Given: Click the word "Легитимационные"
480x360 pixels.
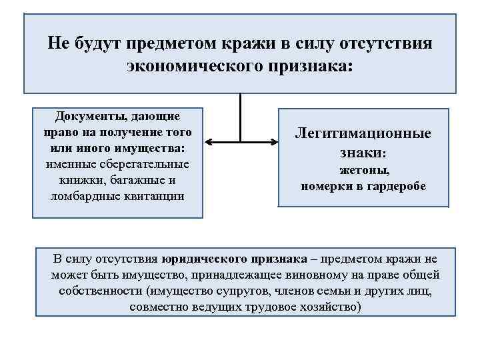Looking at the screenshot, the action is pyautogui.click(x=363, y=133).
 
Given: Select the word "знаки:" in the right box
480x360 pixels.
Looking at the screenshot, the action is pyautogui.click(x=363, y=153).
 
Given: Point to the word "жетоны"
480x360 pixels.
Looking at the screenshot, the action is pyautogui.click(x=363, y=170).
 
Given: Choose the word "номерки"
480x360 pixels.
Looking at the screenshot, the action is pyautogui.click(x=326, y=186).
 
